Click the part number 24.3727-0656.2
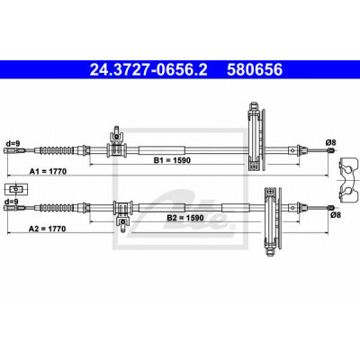(x=148, y=70)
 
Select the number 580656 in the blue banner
(x=255, y=70)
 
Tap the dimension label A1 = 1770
(x=48, y=171)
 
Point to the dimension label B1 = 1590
(x=172, y=160)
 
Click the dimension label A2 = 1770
(x=47, y=229)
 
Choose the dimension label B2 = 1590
(x=185, y=218)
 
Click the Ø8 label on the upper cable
(x=331, y=143)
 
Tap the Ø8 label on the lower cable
(x=335, y=215)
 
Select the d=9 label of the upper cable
(x=12, y=144)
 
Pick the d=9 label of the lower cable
(x=12, y=202)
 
